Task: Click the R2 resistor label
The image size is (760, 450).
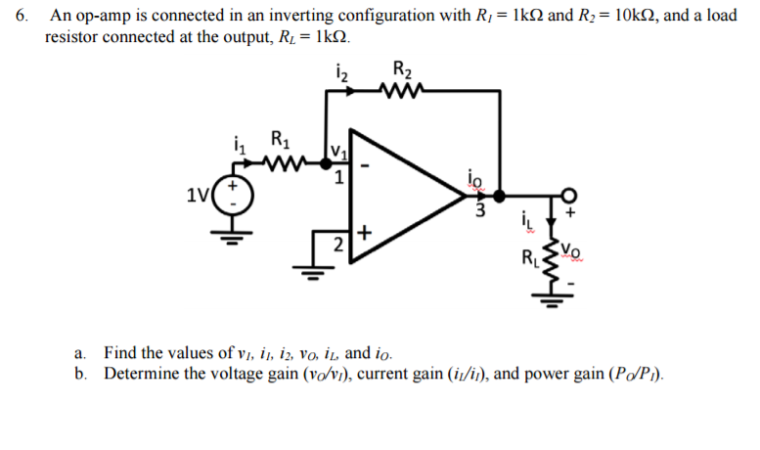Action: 402,70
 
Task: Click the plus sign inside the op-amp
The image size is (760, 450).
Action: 366,233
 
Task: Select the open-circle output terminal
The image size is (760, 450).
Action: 566,195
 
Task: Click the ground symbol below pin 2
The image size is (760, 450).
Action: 314,271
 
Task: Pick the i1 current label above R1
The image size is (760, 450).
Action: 236,143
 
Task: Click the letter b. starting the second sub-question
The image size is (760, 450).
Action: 81,374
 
